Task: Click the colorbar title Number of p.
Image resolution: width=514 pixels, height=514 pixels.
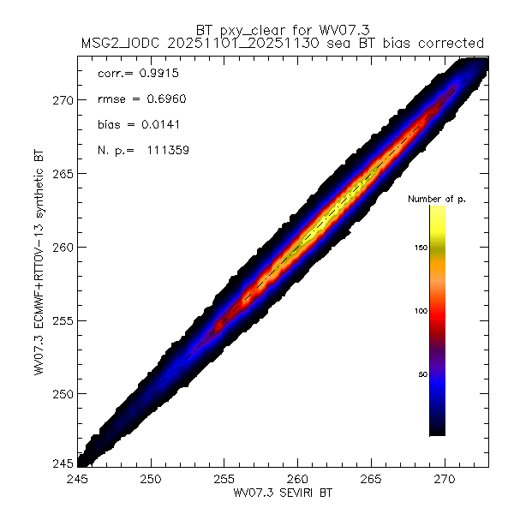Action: coord(435,199)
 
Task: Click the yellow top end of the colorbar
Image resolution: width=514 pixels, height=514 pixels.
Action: coord(437,209)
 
